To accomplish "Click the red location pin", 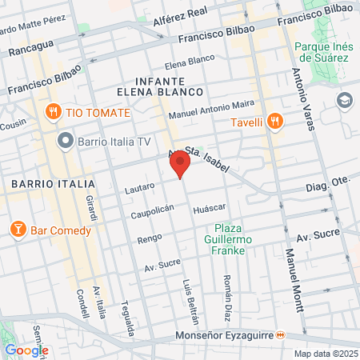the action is point(180,166).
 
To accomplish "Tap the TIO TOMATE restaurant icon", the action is point(53,112).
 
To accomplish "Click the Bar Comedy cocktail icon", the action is point(18,230).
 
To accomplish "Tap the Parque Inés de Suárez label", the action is point(322,53).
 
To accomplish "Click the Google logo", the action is point(26,350).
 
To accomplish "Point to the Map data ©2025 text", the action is point(325,354).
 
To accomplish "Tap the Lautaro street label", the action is point(140,189).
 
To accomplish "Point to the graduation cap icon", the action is point(344,100).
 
